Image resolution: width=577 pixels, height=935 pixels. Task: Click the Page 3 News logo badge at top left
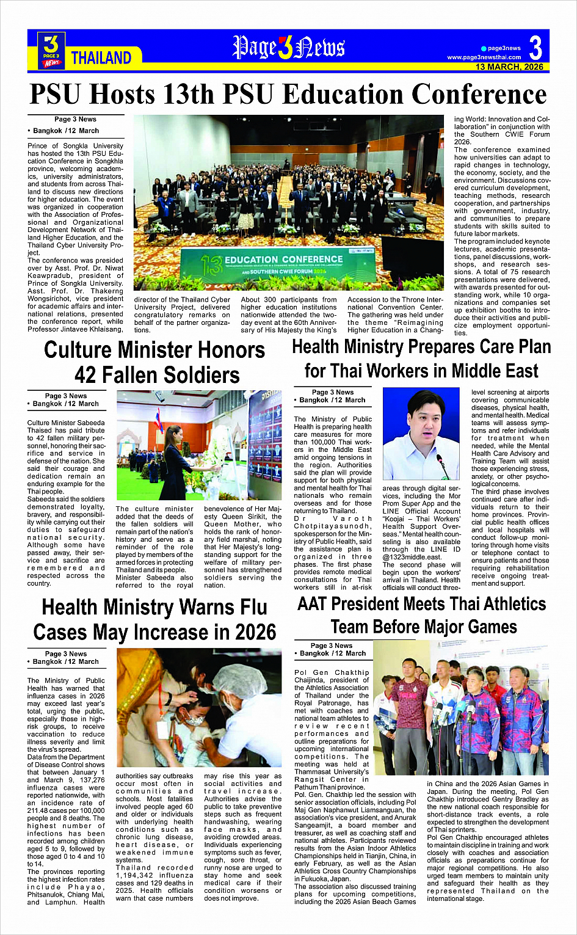[52, 50]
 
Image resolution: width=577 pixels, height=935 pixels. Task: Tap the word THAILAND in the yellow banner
[101, 58]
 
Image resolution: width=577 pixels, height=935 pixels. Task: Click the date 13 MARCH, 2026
[509, 67]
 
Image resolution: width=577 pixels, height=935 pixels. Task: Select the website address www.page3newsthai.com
[484, 57]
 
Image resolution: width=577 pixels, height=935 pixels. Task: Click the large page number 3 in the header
[535, 48]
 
